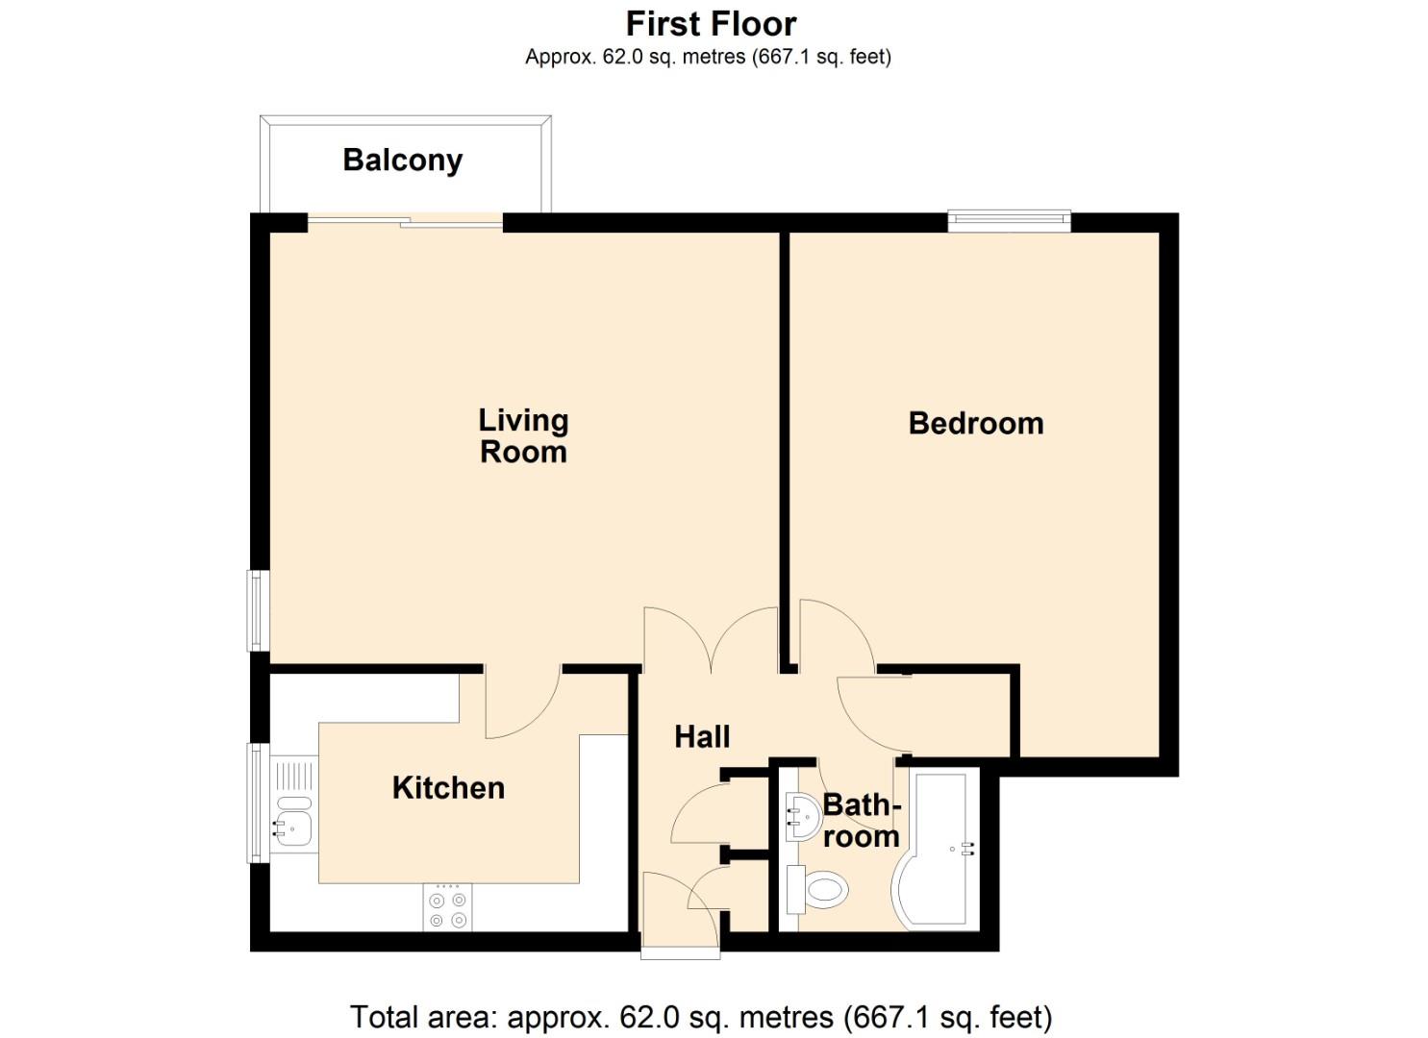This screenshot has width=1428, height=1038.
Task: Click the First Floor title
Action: [x=711, y=23]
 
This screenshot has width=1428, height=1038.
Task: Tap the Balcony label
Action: [x=402, y=160]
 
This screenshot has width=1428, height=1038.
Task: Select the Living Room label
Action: [x=523, y=435]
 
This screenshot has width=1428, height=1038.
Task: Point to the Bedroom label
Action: [x=975, y=423]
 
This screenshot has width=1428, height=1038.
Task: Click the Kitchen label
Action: [x=448, y=788]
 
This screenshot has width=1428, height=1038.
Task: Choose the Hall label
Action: [x=702, y=737]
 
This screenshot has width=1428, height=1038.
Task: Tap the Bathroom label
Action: [x=861, y=820]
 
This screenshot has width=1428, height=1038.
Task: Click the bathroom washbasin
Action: [x=801, y=816]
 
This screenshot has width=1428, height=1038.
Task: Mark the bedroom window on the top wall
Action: [x=1009, y=221]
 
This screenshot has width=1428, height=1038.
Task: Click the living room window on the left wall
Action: [x=257, y=610]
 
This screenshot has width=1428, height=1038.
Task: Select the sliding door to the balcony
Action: [x=405, y=223]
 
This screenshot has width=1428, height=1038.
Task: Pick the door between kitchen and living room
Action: [x=522, y=702]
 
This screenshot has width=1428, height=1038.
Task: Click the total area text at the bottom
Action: [x=701, y=1016]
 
